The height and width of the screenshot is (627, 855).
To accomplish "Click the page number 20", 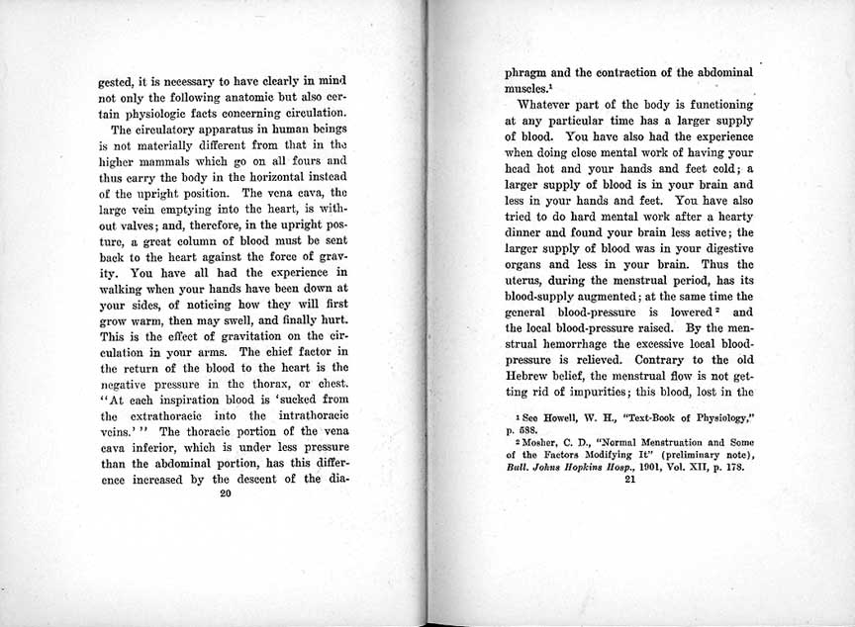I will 226,496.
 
